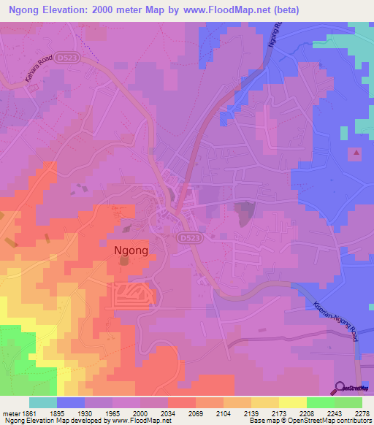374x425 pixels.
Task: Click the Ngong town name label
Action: click(x=132, y=250)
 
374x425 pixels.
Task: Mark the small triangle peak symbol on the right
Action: click(x=356, y=153)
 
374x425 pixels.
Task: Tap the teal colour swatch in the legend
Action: click(x=42, y=402)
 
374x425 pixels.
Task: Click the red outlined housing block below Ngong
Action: click(x=134, y=294)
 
